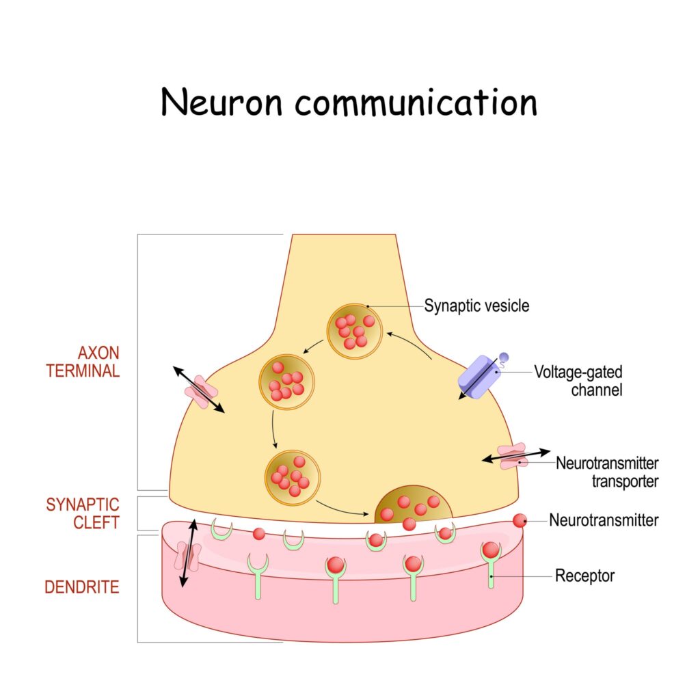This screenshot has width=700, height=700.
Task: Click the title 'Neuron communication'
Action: click(x=349, y=103)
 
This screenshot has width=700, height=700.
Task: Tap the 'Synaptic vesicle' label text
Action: click(x=476, y=306)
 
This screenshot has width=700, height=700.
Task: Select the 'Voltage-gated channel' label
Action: click(x=569, y=382)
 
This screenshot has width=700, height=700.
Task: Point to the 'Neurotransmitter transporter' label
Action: click(x=607, y=472)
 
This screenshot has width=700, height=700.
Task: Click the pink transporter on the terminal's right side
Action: click(x=512, y=457)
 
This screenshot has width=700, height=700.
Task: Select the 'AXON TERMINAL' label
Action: click(x=99, y=362)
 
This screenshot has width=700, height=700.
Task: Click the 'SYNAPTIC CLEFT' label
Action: click(x=83, y=513)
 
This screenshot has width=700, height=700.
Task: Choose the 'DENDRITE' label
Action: click(x=82, y=587)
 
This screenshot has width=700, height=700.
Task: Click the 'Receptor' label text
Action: click(x=584, y=576)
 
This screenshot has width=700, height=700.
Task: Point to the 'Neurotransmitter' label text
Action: click(x=604, y=520)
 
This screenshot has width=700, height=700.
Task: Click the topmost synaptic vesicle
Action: click(x=351, y=331)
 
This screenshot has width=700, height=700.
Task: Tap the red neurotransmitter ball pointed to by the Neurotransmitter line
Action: click(x=520, y=520)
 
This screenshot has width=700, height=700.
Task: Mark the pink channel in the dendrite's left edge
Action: click(x=186, y=556)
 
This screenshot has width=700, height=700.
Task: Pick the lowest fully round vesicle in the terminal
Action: click(x=293, y=476)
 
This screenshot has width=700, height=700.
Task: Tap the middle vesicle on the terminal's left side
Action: click(x=286, y=381)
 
